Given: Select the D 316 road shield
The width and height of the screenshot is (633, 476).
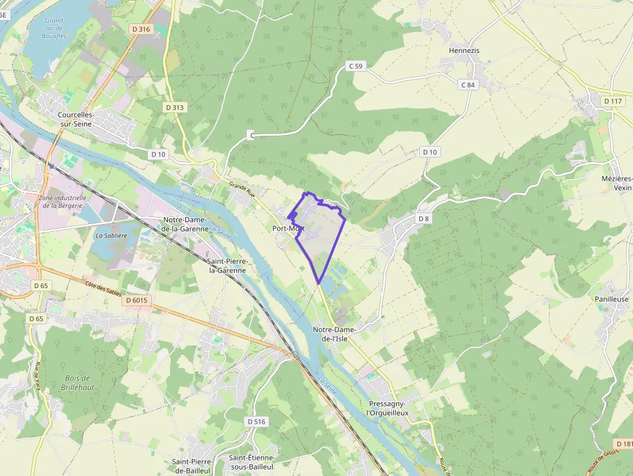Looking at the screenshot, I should pos(140,28).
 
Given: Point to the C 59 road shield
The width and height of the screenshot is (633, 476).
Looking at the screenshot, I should pos(356,66).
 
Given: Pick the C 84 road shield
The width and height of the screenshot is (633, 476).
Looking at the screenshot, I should pos(468,85).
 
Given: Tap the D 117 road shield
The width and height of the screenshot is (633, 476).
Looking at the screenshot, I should pos(613,101).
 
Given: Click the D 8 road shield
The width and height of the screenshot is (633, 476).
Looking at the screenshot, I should pos(423,219).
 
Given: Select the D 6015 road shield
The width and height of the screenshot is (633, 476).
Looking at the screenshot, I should pos(137,300).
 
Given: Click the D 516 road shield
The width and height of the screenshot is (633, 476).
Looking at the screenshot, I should pos(256,422).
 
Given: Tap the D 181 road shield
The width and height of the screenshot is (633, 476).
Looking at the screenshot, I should pos(623,444).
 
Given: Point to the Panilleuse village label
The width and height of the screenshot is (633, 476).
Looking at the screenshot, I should pos(612,300).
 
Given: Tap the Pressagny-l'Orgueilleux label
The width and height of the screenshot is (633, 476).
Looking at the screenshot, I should pos(388,408).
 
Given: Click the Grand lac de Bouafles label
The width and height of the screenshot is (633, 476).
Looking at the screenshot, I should pos(55,28).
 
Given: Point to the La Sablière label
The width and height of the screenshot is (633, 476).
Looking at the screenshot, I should pos(109,236).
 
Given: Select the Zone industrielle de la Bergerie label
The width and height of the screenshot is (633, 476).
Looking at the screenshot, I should pos(63,202).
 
